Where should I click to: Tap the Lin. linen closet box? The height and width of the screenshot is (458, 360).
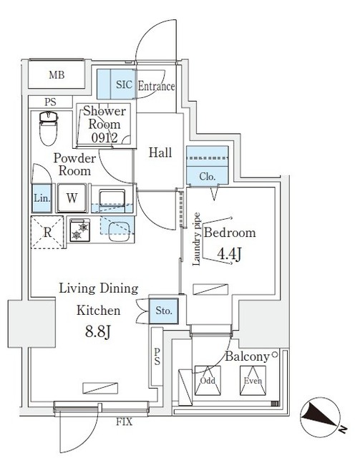point(40,198)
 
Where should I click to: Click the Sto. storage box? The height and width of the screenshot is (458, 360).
point(162,311)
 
